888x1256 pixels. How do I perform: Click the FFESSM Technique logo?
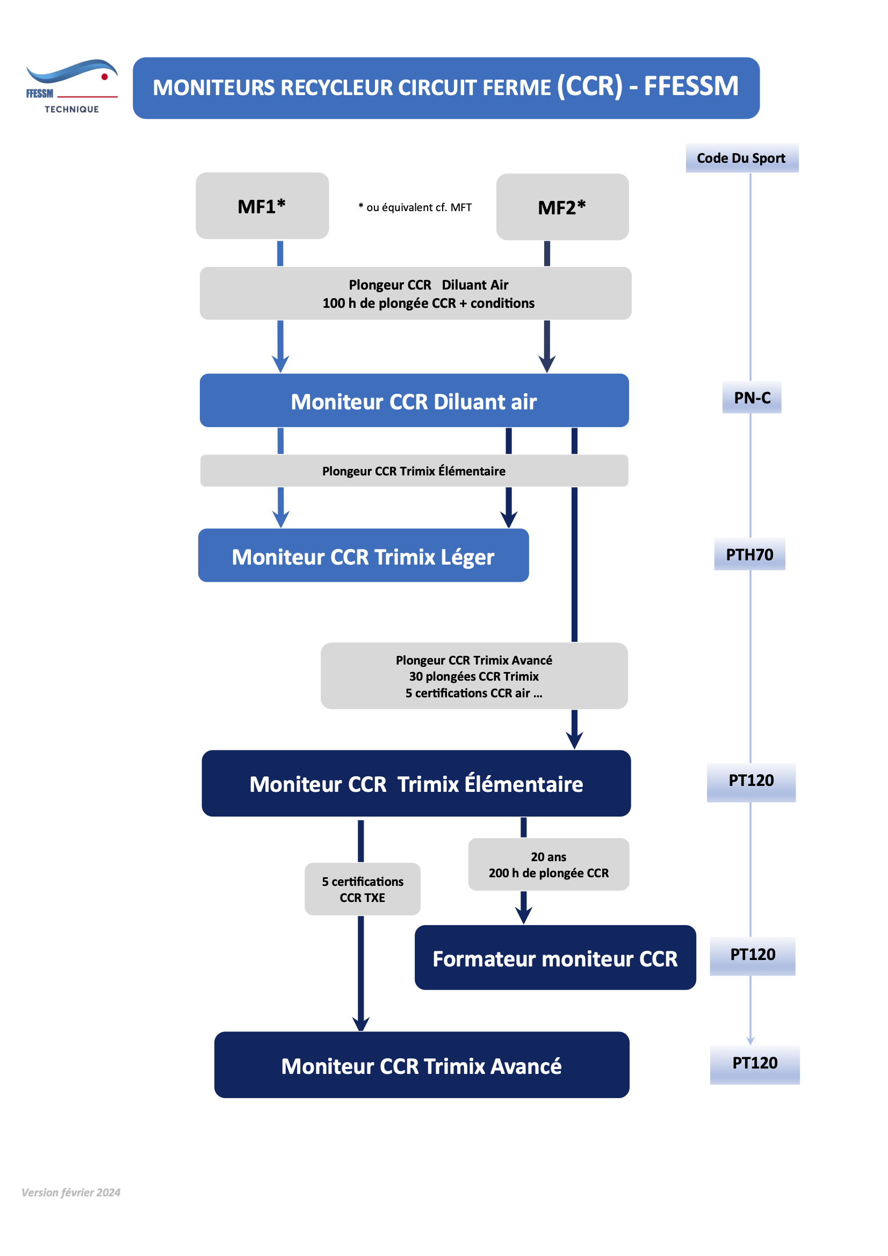(71, 86)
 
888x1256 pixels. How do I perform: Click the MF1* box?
(262, 206)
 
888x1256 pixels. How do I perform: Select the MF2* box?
(562, 207)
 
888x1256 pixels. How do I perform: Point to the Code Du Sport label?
(742, 158)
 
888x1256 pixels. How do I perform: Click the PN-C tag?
(752, 398)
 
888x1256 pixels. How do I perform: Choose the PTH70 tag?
(749, 554)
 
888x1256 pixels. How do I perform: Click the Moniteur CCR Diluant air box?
(414, 400)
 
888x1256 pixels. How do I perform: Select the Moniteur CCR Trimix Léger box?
(363, 555)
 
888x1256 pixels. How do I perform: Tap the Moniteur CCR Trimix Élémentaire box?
(416, 783)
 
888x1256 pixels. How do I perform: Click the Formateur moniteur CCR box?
(555, 957)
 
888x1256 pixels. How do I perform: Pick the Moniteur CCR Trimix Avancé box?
(422, 1065)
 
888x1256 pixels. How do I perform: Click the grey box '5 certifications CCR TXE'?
(363, 889)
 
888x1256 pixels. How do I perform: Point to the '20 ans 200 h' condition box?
(549, 864)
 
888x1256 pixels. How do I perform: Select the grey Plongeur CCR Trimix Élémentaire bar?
(414, 471)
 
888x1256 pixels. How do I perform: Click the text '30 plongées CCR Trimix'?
(474, 676)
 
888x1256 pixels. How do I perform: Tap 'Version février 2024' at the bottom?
(71, 1193)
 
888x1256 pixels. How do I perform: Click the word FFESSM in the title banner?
(691, 86)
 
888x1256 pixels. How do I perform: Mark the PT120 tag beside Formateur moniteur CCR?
(753, 955)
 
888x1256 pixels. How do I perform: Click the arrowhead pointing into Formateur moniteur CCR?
(524, 916)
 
